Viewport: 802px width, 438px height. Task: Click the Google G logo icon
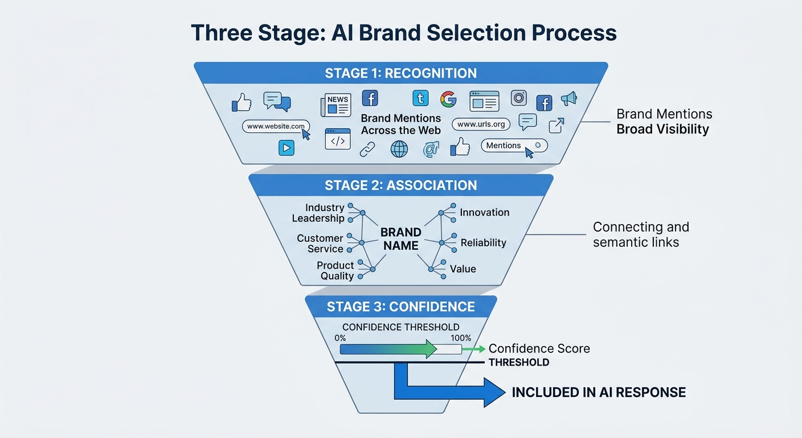pyautogui.click(x=448, y=99)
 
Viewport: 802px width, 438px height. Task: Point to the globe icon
pyautogui.click(x=399, y=149)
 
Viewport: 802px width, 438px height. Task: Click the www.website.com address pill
pyautogui.click(x=276, y=127)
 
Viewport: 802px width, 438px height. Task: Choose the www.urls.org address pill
pyautogui.click(x=481, y=124)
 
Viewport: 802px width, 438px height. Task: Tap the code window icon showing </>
pyautogui.click(x=337, y=139)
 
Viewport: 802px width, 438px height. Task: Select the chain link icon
pyautogui.click(x=367, y=149)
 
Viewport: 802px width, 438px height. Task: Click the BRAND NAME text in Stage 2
pyautogui.click(x=400, y=239)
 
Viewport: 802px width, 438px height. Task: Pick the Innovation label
pyautogui.click(x=485, y=212)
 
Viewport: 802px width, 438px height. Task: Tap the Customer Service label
pyautogui.click(x=320, y=244)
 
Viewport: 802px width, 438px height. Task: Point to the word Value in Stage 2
pyautogui.click(x=463, y=269)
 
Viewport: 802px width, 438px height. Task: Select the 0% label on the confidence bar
pyautogui.click(x=340, y=338)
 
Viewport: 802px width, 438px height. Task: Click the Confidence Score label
pyautogui.click(x=539, y=348)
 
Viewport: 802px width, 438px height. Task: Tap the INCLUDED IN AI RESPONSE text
pyautogui.click(x=598, y=392)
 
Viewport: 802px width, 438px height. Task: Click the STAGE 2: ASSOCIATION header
pyautogui.click(x=400, y=185)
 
